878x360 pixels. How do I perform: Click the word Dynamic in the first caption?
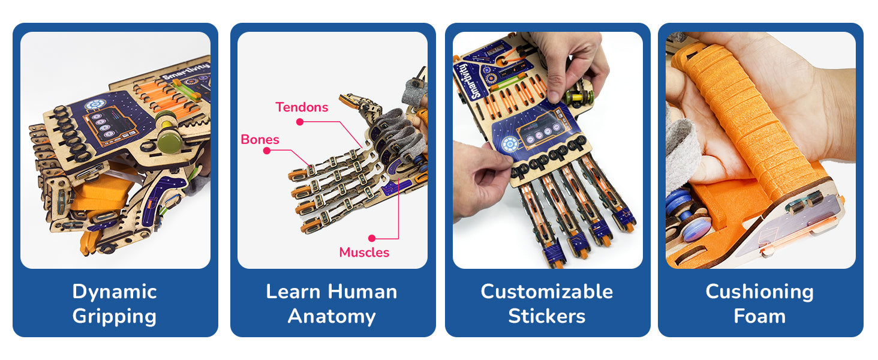click(x=115, y=292)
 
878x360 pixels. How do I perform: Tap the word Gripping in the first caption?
click(x=115, y=316)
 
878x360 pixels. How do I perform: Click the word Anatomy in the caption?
click(x=332, y=316)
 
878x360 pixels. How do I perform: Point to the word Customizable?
click(x=547, y=292)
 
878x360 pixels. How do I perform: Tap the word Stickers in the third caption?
click(x=547, y=316)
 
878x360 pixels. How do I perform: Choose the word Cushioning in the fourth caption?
click(x=759, y=292)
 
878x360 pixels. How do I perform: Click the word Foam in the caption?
click(x=759, y=316)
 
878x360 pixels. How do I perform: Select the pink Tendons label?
click(x=302, y=107)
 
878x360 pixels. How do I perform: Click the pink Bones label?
click(x=260, y=140)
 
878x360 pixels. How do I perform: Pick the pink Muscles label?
click(x=364, y=253)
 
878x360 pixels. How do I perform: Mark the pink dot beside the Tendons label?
click(x=299, y=122)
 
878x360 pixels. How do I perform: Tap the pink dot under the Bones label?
click(x=266, y=151)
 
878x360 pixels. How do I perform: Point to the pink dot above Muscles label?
click(x=372, y=238)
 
